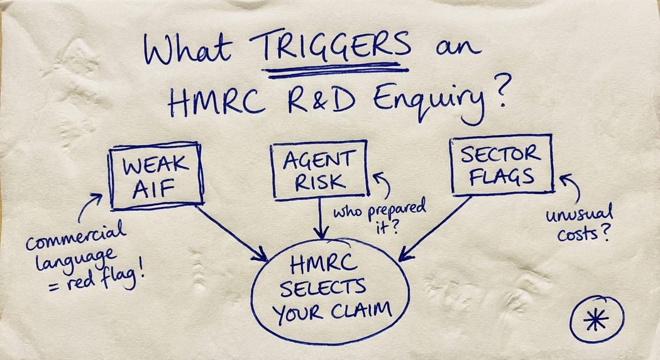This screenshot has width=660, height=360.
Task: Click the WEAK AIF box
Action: [x=157, y=175]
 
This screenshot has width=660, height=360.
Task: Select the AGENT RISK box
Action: [x=319, y=168]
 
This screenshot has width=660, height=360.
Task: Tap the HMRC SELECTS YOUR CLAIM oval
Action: [x=330, y=290]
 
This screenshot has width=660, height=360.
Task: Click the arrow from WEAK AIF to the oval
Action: [x=231, y=232]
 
